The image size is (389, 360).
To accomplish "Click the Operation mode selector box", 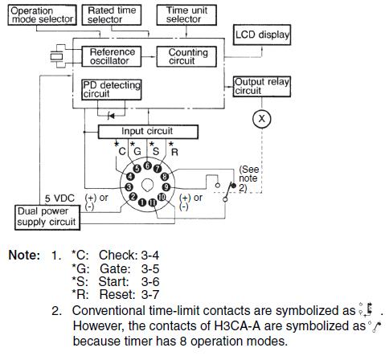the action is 42,15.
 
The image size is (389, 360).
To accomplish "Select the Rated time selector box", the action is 112,15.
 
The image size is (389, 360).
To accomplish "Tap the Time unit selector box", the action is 186,15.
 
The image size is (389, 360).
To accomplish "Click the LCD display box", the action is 262,35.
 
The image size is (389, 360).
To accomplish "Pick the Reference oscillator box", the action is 112,56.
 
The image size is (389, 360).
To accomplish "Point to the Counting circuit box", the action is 186,56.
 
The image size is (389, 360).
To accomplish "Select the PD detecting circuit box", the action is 112,90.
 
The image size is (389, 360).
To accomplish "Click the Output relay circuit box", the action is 262,87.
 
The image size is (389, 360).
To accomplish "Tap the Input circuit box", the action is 148,132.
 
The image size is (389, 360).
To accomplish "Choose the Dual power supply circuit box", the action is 47,218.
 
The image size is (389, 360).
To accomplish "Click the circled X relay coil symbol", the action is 262,119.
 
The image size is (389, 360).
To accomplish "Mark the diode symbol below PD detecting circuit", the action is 111,116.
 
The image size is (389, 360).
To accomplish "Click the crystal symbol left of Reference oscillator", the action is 57,56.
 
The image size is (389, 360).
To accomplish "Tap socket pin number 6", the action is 147,166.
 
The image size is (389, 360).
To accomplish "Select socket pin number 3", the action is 129,186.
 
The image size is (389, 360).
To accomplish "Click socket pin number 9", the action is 166,186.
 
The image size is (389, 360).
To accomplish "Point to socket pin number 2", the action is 133,197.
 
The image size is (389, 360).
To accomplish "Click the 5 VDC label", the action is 59,198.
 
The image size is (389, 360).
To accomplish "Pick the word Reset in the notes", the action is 117,295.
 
